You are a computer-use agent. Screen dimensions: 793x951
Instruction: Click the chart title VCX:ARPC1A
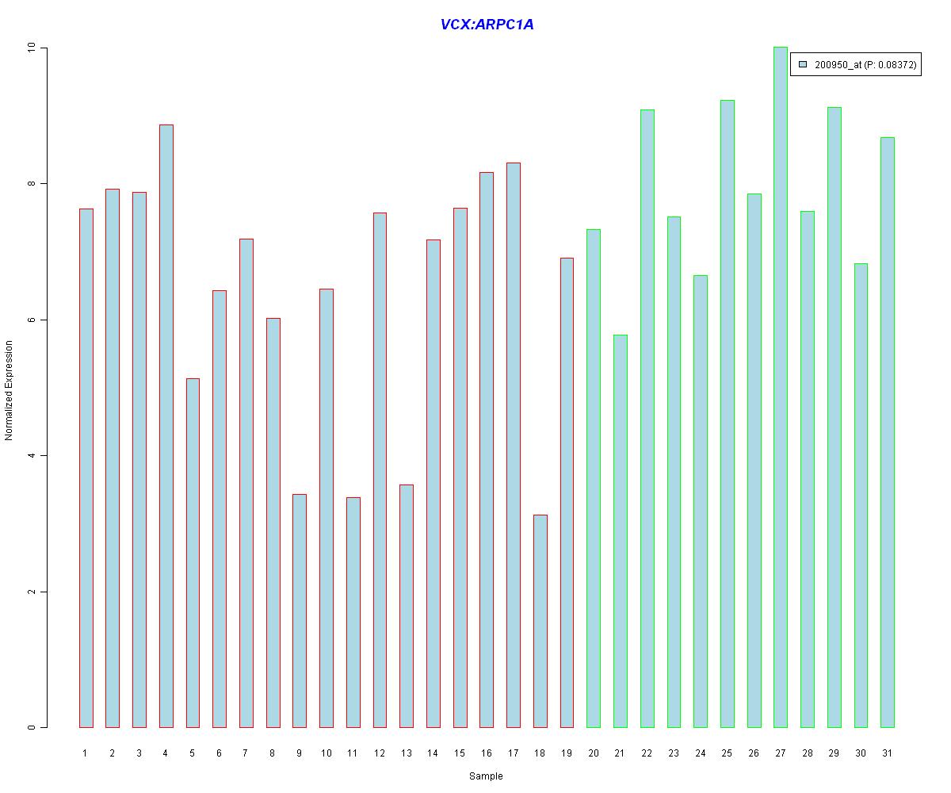click(487, 25)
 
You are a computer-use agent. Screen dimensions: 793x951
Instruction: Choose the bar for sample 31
click(888, 432)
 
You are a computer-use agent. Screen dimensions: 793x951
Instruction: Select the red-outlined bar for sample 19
click(567, 492)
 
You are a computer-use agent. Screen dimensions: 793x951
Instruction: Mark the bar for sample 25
click(728, 413)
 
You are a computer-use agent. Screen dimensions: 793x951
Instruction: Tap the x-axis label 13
click(407, 753)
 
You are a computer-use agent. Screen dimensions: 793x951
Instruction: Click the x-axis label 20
click(594, 753)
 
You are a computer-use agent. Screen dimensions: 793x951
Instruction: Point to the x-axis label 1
click(86, 753)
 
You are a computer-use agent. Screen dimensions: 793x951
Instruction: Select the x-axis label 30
click(861, 753)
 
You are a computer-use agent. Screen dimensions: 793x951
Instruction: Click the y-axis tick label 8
click(32, 184)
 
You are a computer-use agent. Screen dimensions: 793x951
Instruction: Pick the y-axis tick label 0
click(32, 727)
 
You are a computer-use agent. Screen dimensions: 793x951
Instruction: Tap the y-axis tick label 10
click(32, 48)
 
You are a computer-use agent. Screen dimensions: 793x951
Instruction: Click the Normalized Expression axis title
click(10, 389)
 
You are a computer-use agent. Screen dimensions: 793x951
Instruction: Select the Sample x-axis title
click(486, 776)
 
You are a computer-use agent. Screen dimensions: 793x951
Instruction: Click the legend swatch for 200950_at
click(803, 64)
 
